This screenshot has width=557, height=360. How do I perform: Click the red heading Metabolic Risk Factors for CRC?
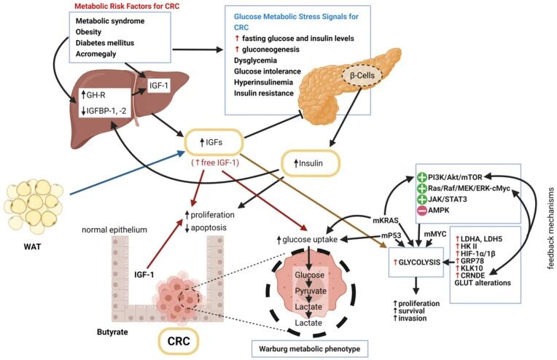pyautogui.click(x=121, y=7)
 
